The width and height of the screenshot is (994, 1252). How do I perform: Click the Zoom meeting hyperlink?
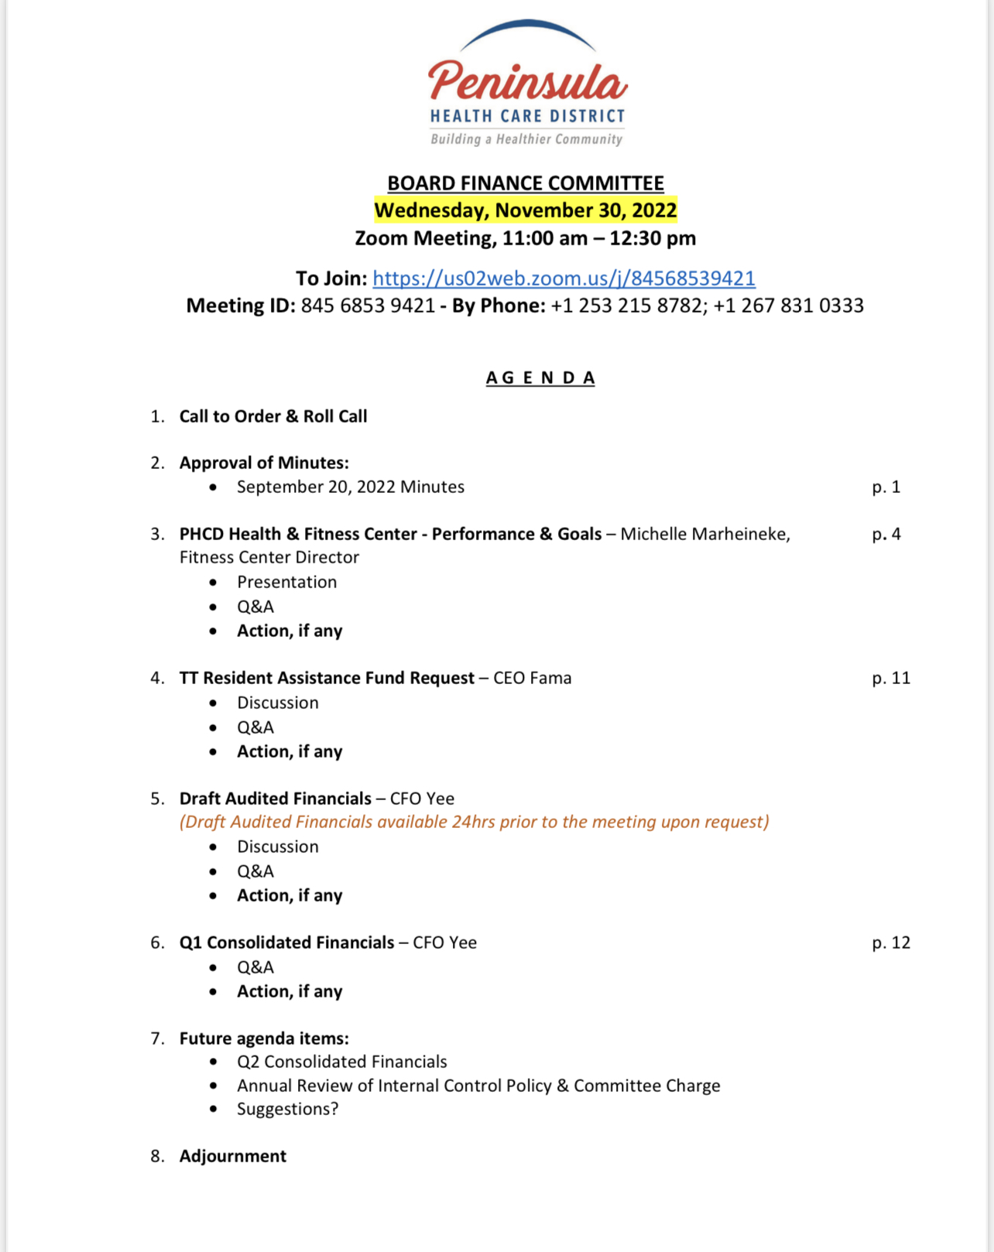point(564,279)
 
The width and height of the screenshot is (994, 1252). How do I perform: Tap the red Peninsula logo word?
point(527,81)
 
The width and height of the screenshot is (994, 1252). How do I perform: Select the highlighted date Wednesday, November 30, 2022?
point(526,210)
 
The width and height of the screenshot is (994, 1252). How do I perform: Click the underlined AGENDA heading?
point(540,378)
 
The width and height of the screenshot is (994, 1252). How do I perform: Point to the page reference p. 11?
point(891,678)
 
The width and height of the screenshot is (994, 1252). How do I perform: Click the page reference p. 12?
point(891,942)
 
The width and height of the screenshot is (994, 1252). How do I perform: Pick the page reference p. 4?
point(886,534)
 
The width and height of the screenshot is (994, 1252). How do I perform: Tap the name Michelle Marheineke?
point(704,534)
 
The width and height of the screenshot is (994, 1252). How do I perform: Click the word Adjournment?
point(233,1156)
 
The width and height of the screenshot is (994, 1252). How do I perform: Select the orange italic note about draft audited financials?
point(474,822)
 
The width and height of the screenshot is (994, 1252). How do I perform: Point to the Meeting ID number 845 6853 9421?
point(368,306)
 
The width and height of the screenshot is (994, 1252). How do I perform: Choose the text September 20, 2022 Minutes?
point(351,487)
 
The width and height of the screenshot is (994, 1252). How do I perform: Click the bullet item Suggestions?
point(288,1109)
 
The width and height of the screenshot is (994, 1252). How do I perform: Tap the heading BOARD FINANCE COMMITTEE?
point(526,183)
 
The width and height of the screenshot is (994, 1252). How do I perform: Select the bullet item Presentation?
point(287,582)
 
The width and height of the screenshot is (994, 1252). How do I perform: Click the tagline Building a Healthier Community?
point(526,139)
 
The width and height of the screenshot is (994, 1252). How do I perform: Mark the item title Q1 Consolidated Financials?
point(287,942)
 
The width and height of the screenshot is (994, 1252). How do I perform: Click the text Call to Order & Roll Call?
point(273,416)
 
